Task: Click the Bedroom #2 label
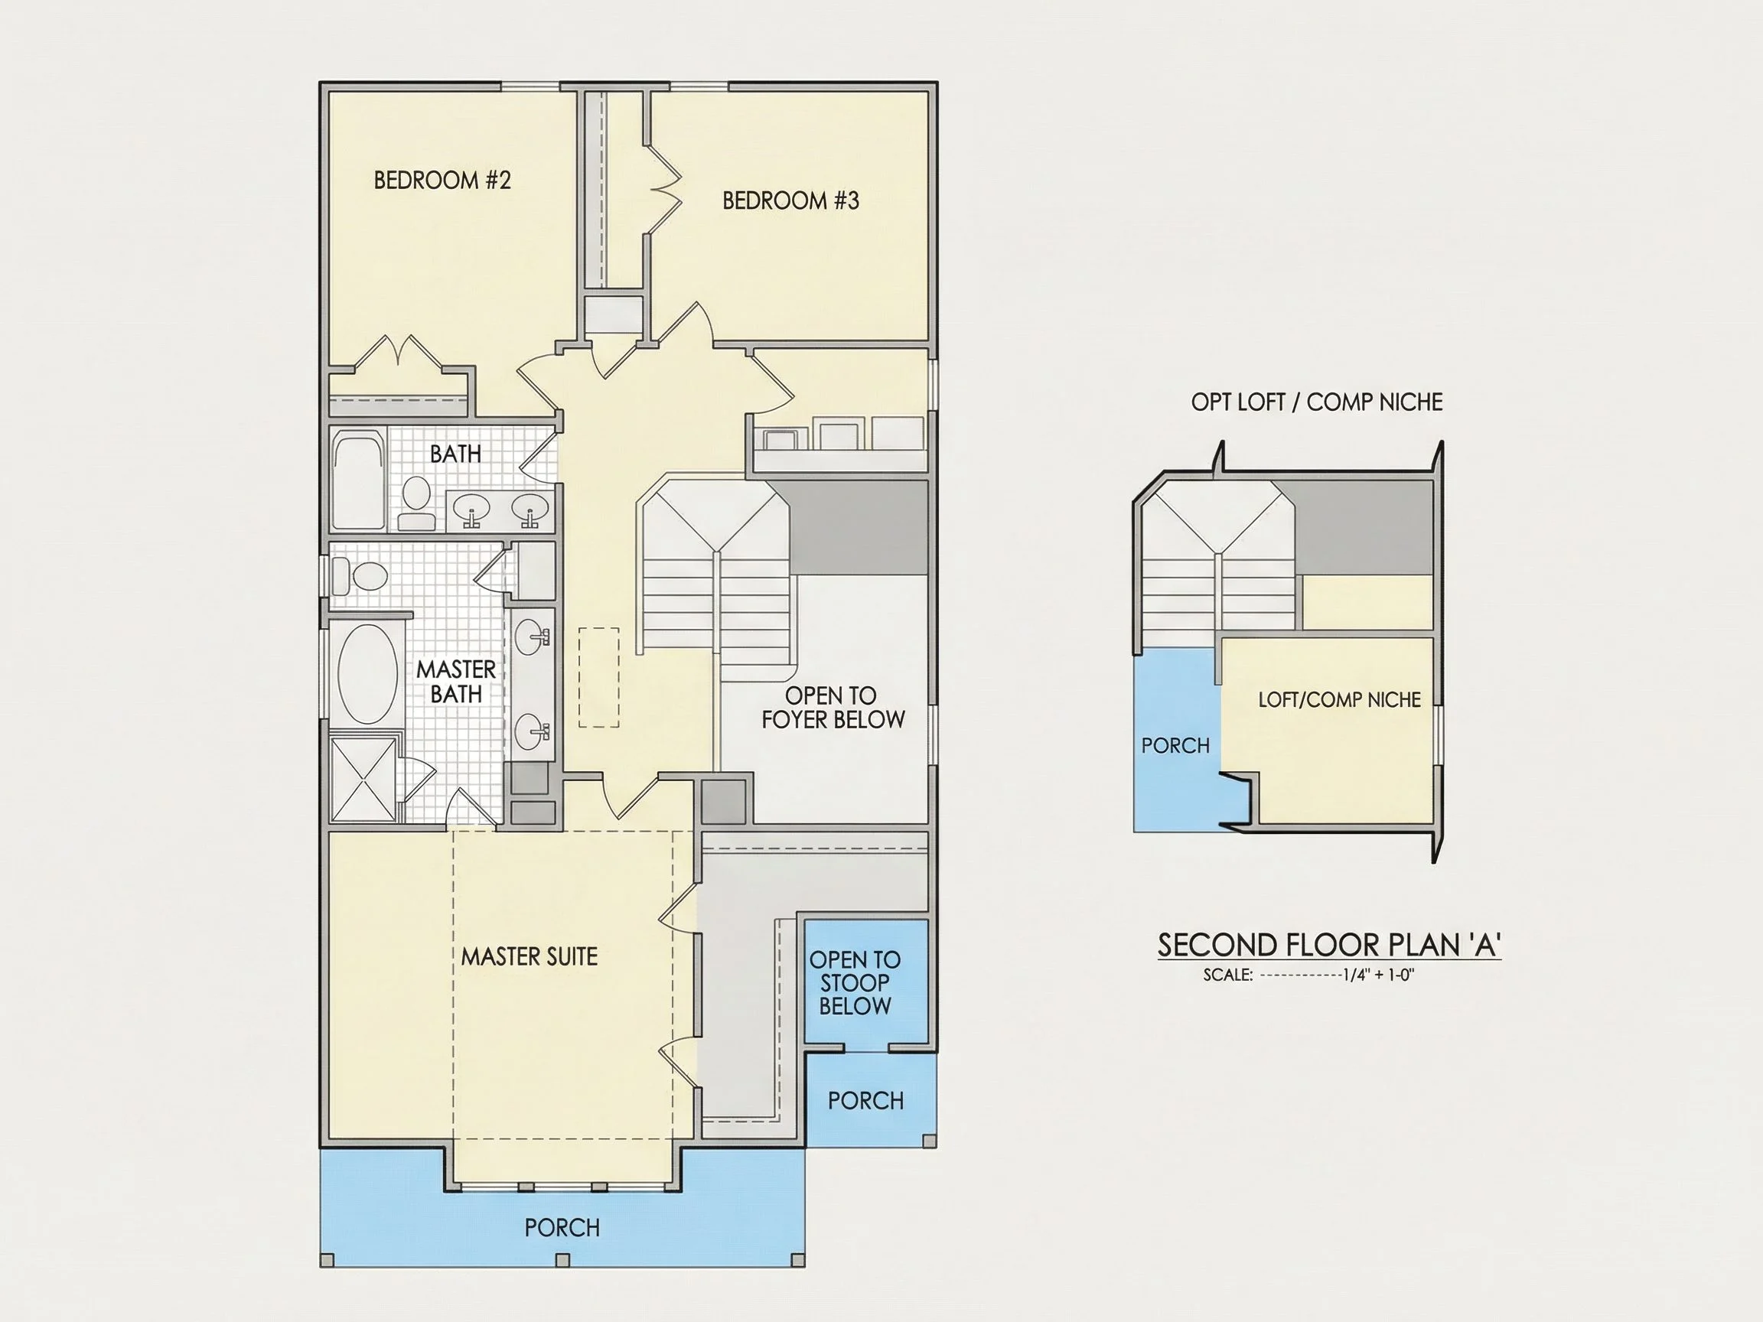[x=442, y=180]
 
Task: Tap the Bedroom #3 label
[x=790, y=200]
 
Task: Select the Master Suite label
[x=530, y=956]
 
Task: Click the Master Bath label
[x=456, y=682]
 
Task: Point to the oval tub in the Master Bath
[x=367, y=674]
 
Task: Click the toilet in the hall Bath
[x=415, y=503]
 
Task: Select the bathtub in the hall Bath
[x=359, y=480]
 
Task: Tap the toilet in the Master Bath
[x=360, y=575]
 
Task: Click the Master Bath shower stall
[x=363, y=780]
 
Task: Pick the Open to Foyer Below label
[x=833, y=708]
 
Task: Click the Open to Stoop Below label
[x=855, y=982]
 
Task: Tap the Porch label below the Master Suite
[x=562, y=1228]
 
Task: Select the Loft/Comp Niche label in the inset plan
[x=1340, y=700]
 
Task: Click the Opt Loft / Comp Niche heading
[x=1317, y=402]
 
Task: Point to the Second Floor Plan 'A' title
[x=1329, y=945]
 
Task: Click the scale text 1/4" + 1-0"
[x=1378, y=975]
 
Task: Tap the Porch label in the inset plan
[x=1175, y=746]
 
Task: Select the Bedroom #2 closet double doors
[x=399, y=353]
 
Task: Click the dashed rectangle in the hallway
[x=598, y=677]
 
